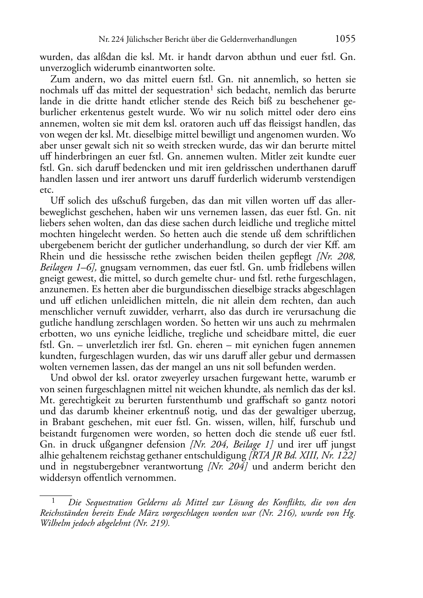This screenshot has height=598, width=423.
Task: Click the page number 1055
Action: [x=345, y=39]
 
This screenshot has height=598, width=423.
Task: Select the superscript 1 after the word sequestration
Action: [x=211, y=88]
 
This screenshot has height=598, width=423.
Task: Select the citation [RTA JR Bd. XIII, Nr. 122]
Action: [x=302, y=455]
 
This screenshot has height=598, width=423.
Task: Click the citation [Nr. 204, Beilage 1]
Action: [x=232, y=444]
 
